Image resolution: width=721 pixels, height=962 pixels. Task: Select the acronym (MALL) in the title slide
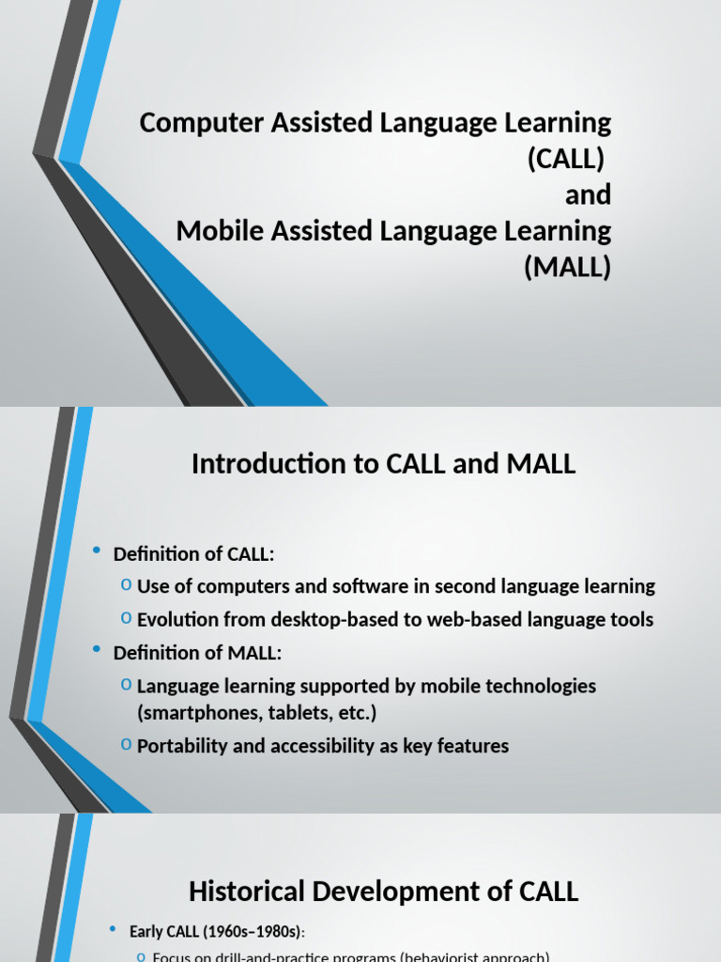(567, 268)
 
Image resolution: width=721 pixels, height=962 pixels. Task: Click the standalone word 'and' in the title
(588, 195)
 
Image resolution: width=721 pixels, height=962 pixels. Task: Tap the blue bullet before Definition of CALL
(98, 552)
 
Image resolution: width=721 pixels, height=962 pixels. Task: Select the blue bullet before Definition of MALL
(98, 650)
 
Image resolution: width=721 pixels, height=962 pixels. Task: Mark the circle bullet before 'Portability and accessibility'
(126, 745)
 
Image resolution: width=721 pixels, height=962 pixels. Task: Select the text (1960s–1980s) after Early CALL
(257, 932)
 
